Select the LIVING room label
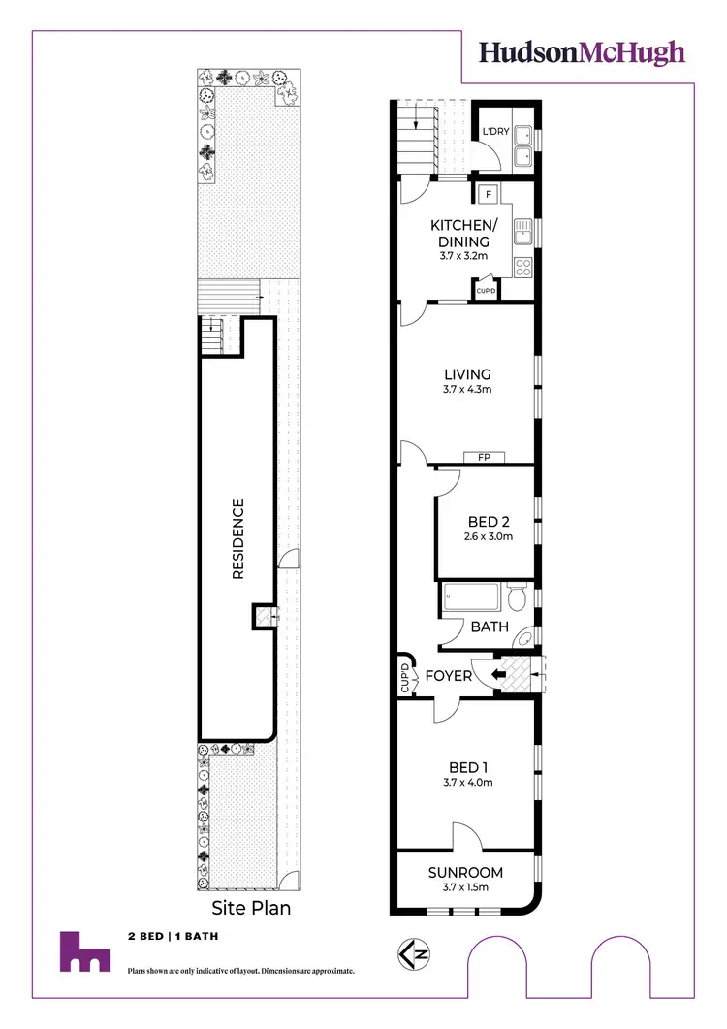[467, 374]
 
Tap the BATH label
[490, 627]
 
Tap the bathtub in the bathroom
[471, 598]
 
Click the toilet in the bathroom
[516, 595]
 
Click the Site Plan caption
[251, 909]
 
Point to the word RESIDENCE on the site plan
[238, 539]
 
